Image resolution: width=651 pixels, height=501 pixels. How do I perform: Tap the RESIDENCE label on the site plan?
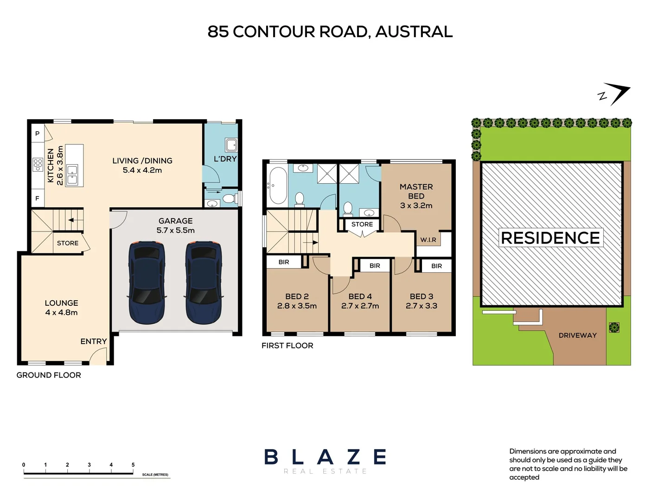(550, 238)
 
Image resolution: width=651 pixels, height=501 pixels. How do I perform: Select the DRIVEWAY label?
(577, 335)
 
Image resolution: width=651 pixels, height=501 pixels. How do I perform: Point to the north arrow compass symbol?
(615, 94)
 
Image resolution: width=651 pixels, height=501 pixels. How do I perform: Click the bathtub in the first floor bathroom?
(278, 186)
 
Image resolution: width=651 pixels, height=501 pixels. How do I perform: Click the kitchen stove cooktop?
(38, 165)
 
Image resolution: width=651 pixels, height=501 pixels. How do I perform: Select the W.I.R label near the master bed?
(428, 240)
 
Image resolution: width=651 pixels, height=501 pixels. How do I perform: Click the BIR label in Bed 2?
(284, 262)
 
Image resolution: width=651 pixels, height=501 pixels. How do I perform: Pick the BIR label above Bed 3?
(436, 266)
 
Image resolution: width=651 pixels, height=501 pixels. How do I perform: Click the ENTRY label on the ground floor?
(94, 341)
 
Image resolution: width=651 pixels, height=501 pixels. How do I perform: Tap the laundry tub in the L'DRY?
(231, 145)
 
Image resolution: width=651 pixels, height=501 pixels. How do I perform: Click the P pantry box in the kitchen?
(38, 134)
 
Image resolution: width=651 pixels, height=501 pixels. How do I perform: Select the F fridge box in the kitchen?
(38, 198)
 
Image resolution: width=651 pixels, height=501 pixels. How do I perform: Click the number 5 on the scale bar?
(133, 464)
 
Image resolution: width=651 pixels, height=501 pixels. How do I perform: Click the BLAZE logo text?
(325, 457)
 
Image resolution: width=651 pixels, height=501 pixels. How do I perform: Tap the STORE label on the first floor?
(362, 224)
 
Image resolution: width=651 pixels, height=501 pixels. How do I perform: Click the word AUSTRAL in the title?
(414, 32)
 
